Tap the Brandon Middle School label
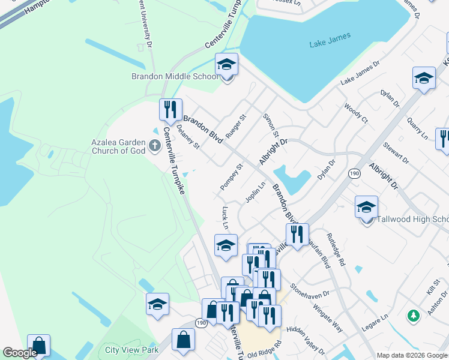[175, 77]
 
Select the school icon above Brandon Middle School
[226, 64]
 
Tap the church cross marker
[155, 145]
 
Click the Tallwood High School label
[412, 219]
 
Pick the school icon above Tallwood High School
[366, 207]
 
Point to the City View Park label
[131, 350]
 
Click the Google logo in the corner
[19, 353]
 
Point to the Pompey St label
[231, 177]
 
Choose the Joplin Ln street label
[255, 193]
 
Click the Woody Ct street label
[355, 112]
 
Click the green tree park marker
[413, 315]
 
